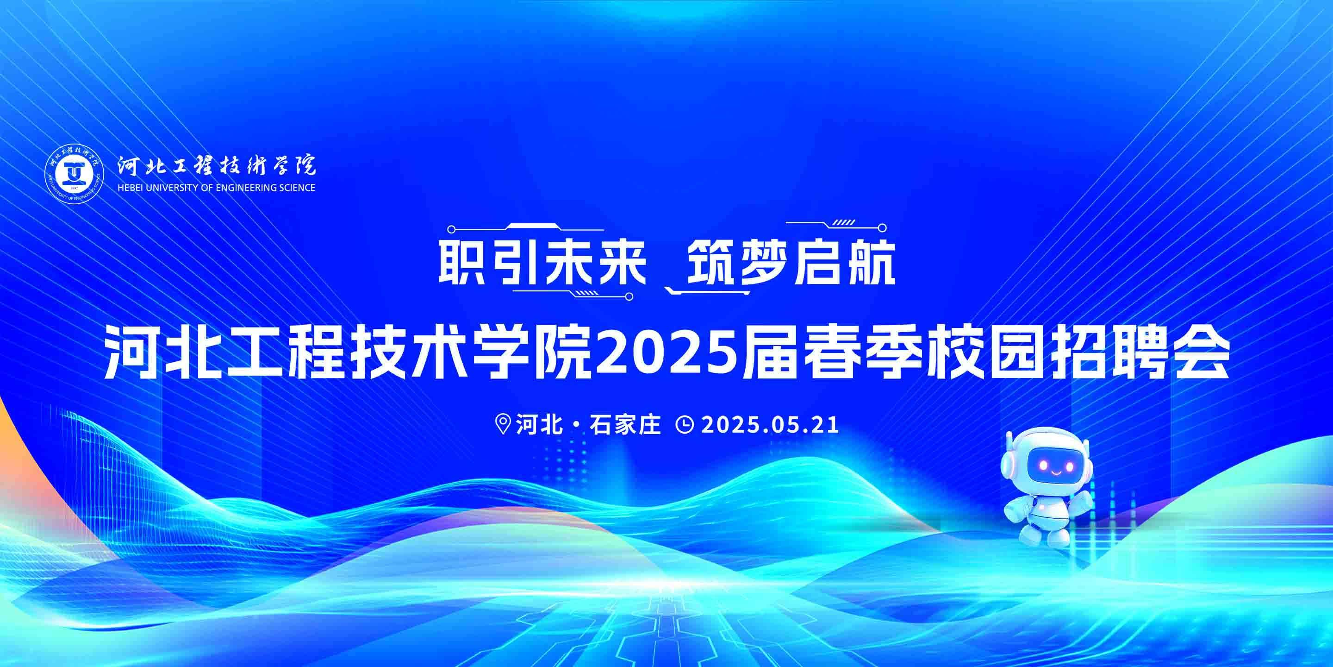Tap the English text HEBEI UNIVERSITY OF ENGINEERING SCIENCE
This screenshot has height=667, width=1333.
[216, 188]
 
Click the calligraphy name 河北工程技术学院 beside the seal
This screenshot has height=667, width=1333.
[216, 165]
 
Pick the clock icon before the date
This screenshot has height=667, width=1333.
[685, 425]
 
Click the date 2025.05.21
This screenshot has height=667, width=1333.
[769, 425]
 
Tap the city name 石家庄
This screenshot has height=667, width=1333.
[626, 425]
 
